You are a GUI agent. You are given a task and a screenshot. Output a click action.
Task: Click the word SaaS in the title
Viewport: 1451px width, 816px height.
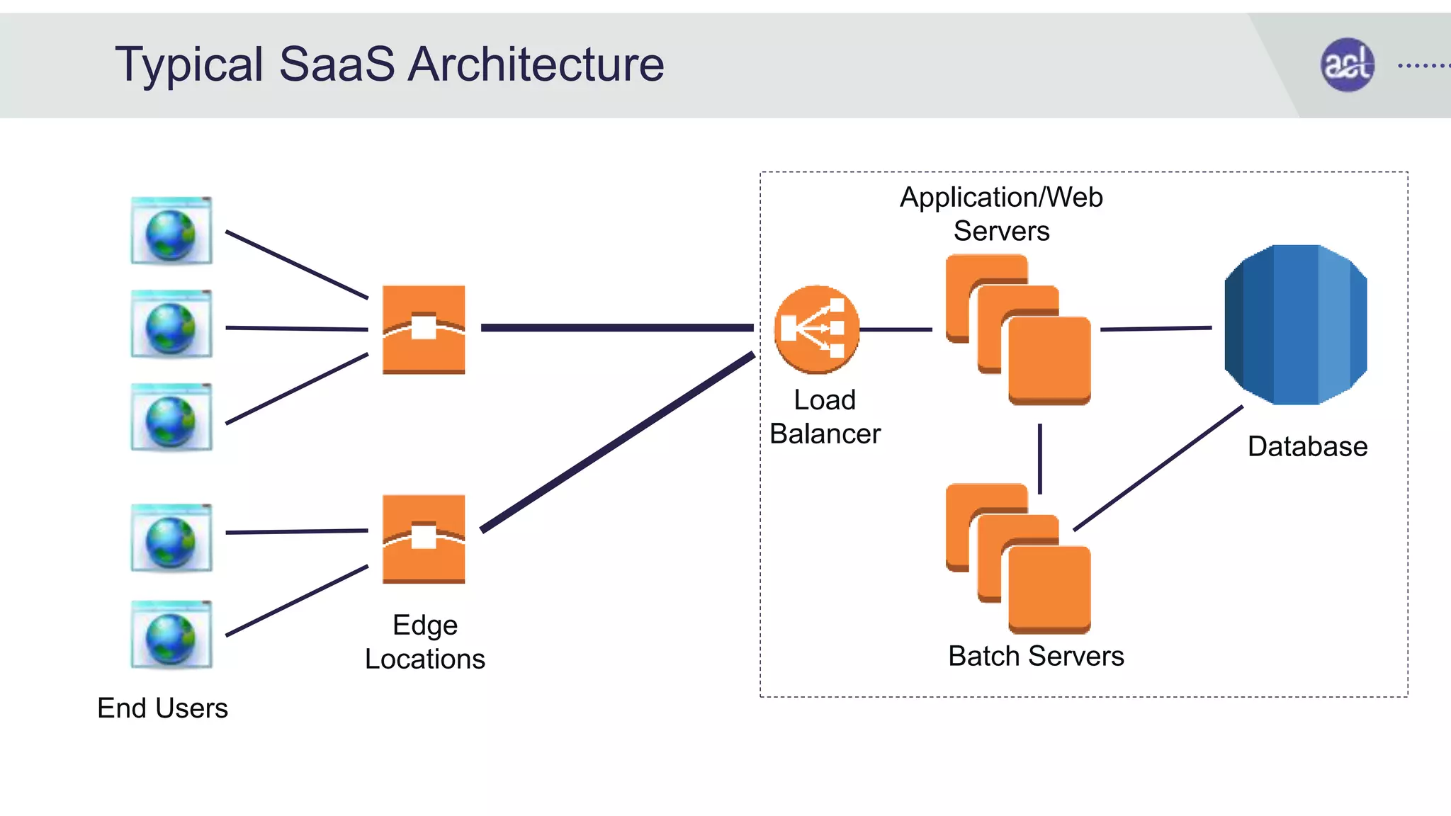(x=337, y=64)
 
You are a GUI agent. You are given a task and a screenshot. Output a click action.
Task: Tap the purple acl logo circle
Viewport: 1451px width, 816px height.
(x=1347, y=64)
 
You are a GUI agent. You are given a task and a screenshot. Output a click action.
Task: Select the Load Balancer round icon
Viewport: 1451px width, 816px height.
(x=816, y=329)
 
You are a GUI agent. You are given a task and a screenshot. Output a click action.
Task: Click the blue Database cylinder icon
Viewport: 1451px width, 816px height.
(x=1295, y=325)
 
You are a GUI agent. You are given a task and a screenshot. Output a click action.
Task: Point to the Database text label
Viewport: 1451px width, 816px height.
(x=1307, y=447)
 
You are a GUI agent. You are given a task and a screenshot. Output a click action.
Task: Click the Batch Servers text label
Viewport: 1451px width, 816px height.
(x=1036, y=656)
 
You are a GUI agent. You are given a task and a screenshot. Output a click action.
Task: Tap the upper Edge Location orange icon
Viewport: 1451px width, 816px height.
(x=424, y=329)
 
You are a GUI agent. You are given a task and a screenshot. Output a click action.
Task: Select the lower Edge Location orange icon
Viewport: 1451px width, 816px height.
(x=424, y=539)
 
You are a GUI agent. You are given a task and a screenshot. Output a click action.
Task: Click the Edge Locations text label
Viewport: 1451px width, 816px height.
(x=425, y=642)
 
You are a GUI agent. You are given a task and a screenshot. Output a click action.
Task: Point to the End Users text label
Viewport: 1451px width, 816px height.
(x=162, y=708)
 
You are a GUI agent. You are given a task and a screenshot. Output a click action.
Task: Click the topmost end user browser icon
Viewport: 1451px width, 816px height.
(x=171, y=231)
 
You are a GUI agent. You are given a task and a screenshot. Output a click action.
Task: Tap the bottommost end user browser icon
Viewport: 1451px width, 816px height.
(x=171, y=635)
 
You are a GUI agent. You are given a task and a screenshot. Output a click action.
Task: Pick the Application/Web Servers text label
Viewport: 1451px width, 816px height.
(x=1001, y=214)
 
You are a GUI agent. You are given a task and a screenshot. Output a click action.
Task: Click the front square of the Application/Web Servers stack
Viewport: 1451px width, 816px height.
(x=1049, y=360)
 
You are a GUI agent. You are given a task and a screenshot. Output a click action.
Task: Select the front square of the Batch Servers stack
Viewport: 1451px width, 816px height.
(x=1049, y=589)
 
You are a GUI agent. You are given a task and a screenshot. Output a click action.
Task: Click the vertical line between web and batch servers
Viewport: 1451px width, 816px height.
(x=1039, y=459)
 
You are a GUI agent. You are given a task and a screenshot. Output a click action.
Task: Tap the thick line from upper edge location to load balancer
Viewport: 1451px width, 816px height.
(x=616, y=327)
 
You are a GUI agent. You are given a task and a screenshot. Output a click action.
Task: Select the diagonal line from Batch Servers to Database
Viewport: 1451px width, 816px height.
(x=1158, y=468)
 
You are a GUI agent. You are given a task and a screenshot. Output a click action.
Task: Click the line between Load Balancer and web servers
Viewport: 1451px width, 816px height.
(x=896, y=329)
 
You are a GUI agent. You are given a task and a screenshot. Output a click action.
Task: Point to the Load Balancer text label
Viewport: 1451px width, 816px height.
(x=825, y=416)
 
